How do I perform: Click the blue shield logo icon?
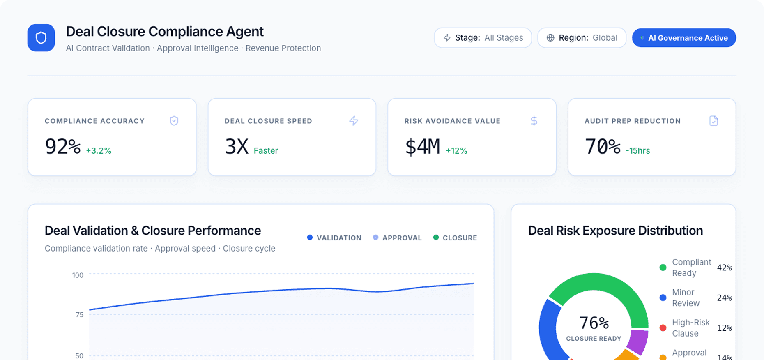(41, 38)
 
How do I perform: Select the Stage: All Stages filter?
(483, 38)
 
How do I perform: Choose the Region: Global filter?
(582, 38)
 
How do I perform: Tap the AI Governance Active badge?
(684, 38)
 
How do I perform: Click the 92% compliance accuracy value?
(63, 146)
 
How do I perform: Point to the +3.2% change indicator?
(99, 151)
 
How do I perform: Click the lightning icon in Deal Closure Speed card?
(354, 121)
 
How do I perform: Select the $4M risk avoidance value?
(423, 146)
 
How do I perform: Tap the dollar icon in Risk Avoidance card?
(534, 121)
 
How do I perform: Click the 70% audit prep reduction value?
(603, 146)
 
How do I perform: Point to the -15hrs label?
(638, 151)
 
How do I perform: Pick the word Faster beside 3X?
(266, 151)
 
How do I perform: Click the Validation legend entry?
(334, 238)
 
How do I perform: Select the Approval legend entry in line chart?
(397, 238)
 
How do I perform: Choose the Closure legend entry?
(455, 238)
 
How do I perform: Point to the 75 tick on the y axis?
(80, 315)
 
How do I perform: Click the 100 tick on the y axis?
(78, 275)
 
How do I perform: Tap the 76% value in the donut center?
(594, 323)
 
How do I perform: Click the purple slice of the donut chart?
(638, 342)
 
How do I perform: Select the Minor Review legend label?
(685, 298)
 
